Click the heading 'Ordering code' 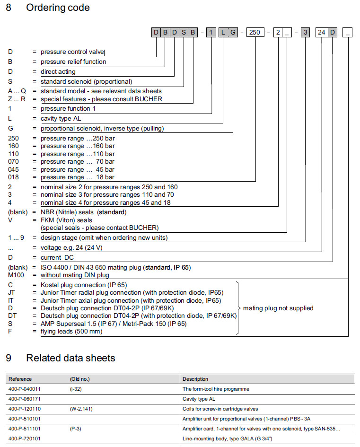pyautogui.click(x=58, y=8)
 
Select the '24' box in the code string pyautogui.click(x=322, y=33)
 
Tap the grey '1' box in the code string pyautogui.click(x=211, y=33)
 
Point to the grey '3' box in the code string pyautogui.click(x=306, y=33)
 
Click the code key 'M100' pyautogui.click(x=16, y=275)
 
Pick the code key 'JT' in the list pyautogui.click(x=12, y=293)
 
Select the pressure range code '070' pyautogui.click(x=14, y=162)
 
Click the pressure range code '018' pyautogui.click(x=14, y=177)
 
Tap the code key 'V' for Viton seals pyautogui.click(x=10, y=220)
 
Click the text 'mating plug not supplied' pyautogui.click(x=278, y=308)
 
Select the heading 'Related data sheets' pyautogui.click(x=70, y=358)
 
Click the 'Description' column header pyautogui.click(x=195, y=379)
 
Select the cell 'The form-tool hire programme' pyautogui.click(x=216, y=389)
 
